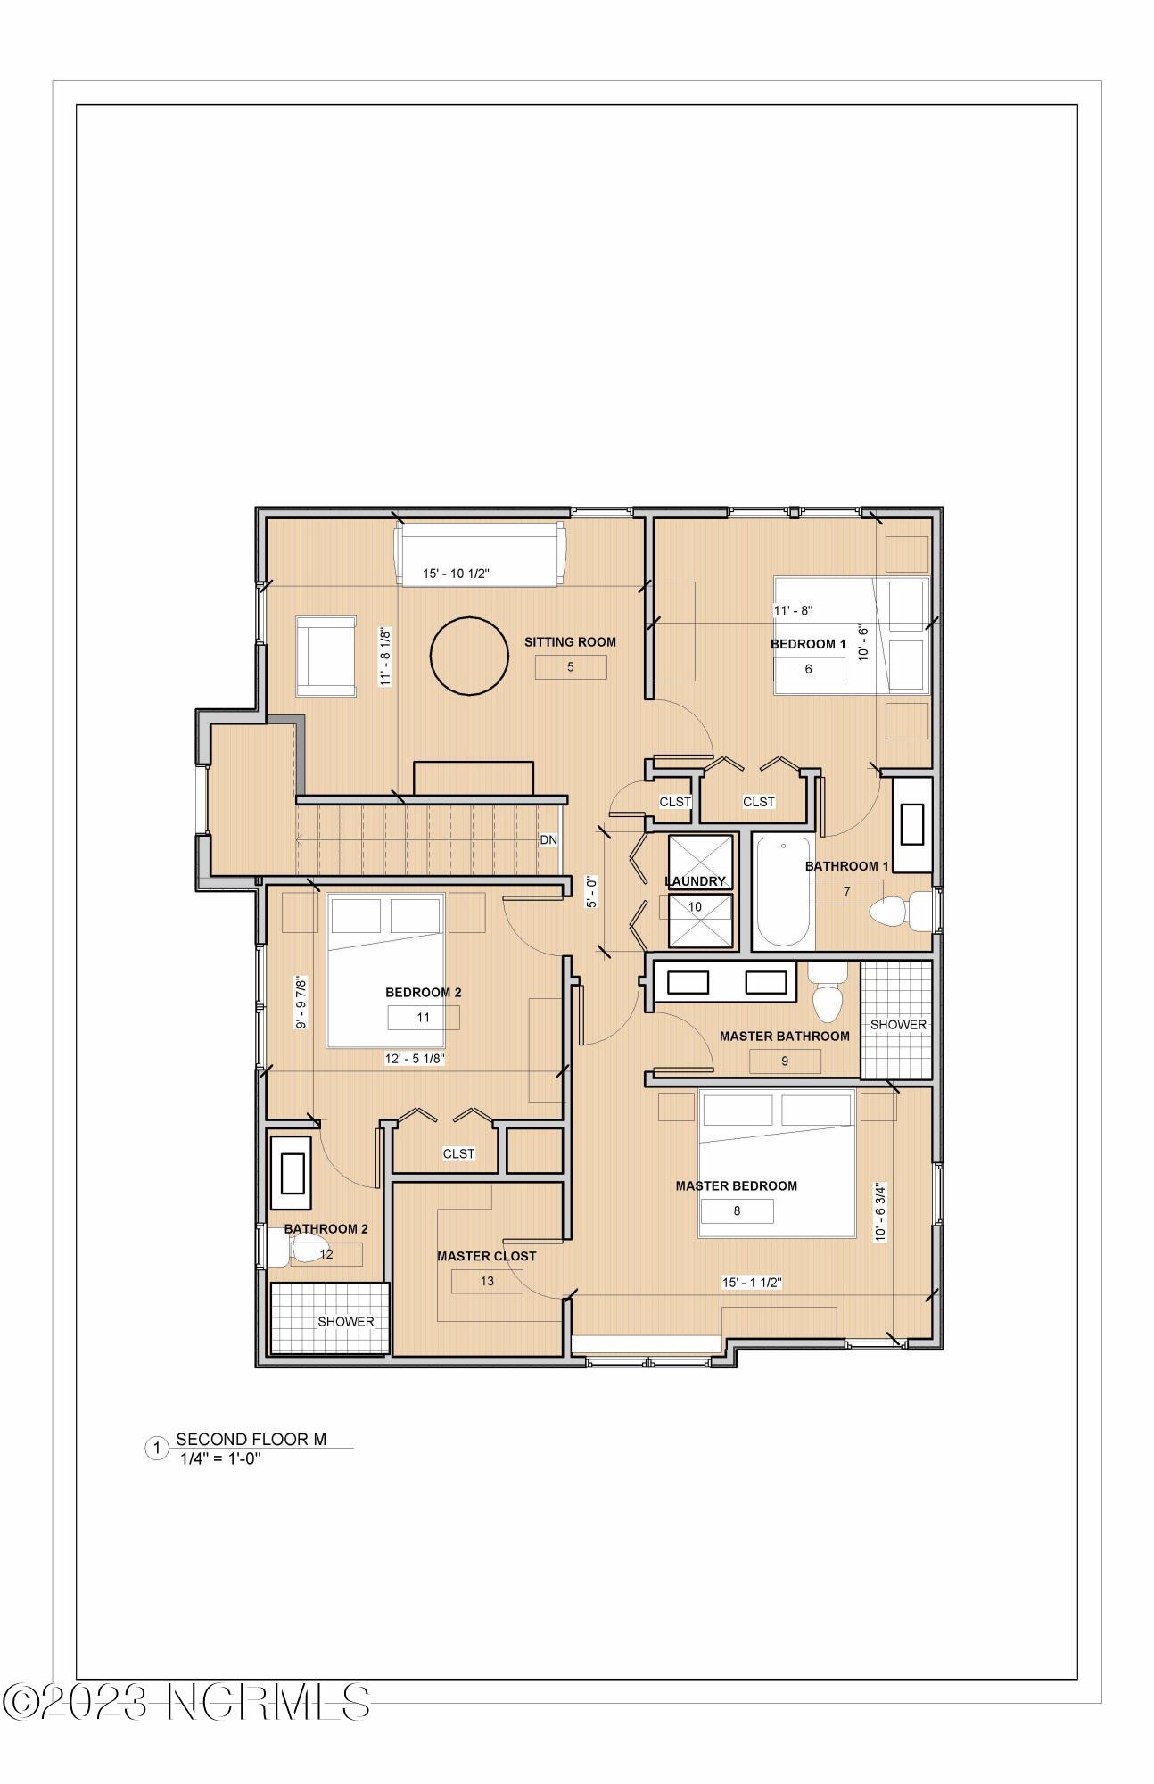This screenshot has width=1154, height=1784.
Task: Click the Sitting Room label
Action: click(569, 641)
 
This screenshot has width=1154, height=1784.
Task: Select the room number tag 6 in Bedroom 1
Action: click(808, 669)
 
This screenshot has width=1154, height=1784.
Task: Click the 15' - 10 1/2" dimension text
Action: click(456, 574)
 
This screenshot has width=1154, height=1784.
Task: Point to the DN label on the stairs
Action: click(548, 840)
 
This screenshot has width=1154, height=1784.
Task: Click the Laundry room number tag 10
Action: click(695, 907)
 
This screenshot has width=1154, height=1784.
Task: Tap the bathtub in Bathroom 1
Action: click(783, 892)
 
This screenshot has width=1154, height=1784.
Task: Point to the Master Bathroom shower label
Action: click(897, 1025)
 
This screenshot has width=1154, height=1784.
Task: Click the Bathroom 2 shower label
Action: click(345, 1322)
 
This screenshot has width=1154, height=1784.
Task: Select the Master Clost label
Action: click(486, 1256)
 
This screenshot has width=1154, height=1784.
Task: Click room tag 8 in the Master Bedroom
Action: click(737, 1210)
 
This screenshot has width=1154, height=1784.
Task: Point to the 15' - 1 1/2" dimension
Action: click(751, 1283)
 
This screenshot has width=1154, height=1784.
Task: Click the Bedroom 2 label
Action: click(423, 993)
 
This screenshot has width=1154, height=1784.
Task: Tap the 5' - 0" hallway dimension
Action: click(591, 891)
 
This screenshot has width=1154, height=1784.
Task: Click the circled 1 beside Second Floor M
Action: click(156, 1449)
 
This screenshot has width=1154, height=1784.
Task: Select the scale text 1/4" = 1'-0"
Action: click(219, 1459)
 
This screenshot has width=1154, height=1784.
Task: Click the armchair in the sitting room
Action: click(326, 656)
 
